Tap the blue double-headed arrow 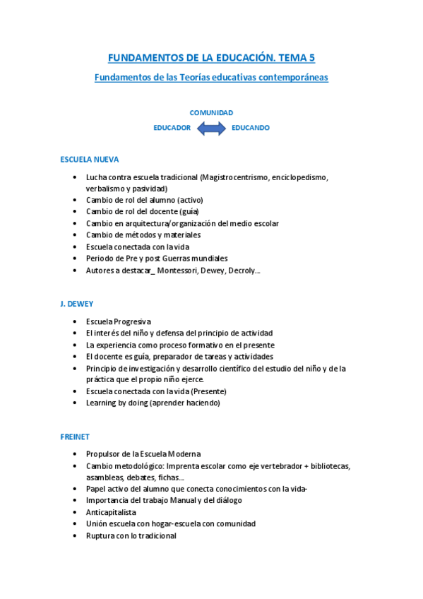click(211, 128)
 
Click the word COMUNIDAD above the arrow click(211, 113)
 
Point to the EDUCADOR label click(172, 128)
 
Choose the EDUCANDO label click(250, 128)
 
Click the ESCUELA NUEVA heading click(90, 160)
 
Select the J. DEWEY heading click(77, 304)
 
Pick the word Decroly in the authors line click(242, 270)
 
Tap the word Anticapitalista click(111, 512)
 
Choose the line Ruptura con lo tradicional click(131, 535)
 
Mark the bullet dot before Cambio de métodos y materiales click(76, 235)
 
